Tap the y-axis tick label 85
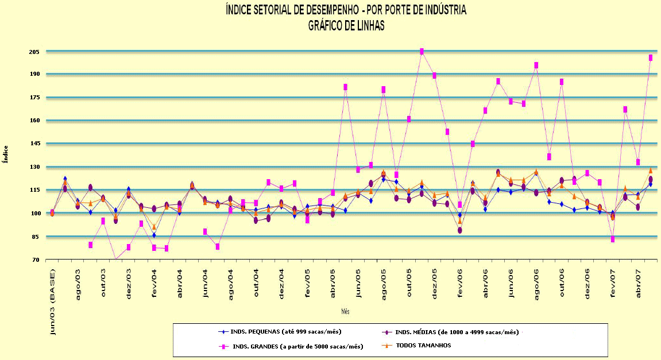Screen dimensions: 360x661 click(35, 237)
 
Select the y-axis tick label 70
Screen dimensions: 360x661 click(35, 260)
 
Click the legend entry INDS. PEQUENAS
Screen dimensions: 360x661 click(290, 331)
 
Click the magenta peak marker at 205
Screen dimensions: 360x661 click(422, 52)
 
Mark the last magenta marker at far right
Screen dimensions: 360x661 click(650, 57)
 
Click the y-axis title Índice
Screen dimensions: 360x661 click(6, 154)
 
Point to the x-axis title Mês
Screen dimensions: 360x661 click(345, 311)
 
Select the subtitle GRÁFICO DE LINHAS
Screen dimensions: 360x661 click(346, 25)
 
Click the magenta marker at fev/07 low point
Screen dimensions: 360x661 click(613, 239)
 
